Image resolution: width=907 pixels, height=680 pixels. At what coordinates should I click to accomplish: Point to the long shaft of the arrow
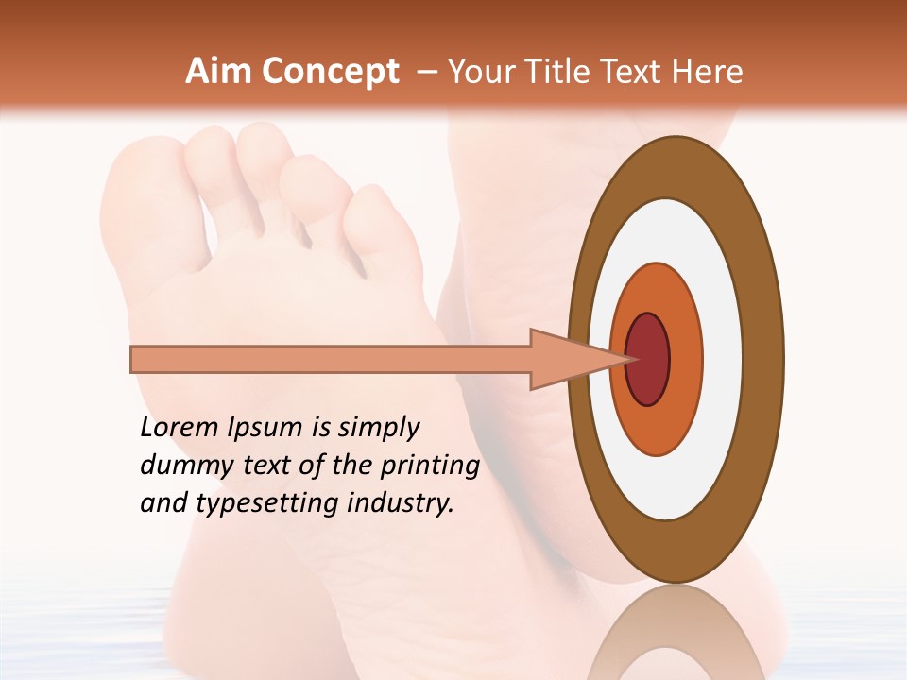(x=331, y=359)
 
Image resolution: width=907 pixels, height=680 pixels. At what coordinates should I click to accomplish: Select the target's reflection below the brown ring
(x=675, y=633)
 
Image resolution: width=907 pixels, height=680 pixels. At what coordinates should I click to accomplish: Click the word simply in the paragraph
(x=377, y=428)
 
